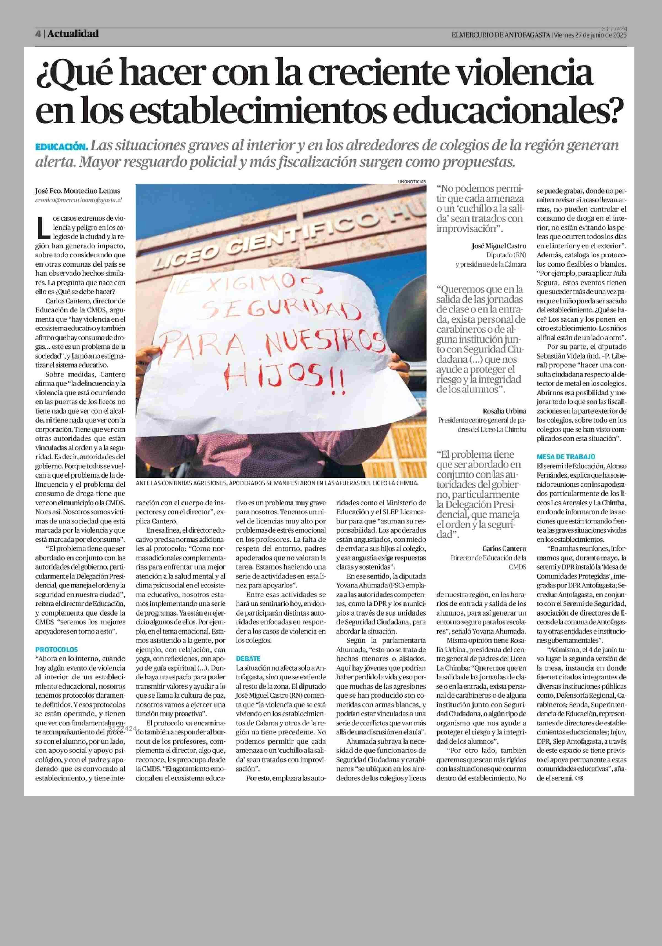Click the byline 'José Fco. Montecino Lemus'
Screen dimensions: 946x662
(x=78, y=191)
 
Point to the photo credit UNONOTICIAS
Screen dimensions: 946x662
(x=412, y=181)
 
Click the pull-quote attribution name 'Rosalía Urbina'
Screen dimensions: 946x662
(x=504, y=410)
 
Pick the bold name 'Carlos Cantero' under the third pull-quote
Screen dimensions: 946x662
(x=504, y=548)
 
